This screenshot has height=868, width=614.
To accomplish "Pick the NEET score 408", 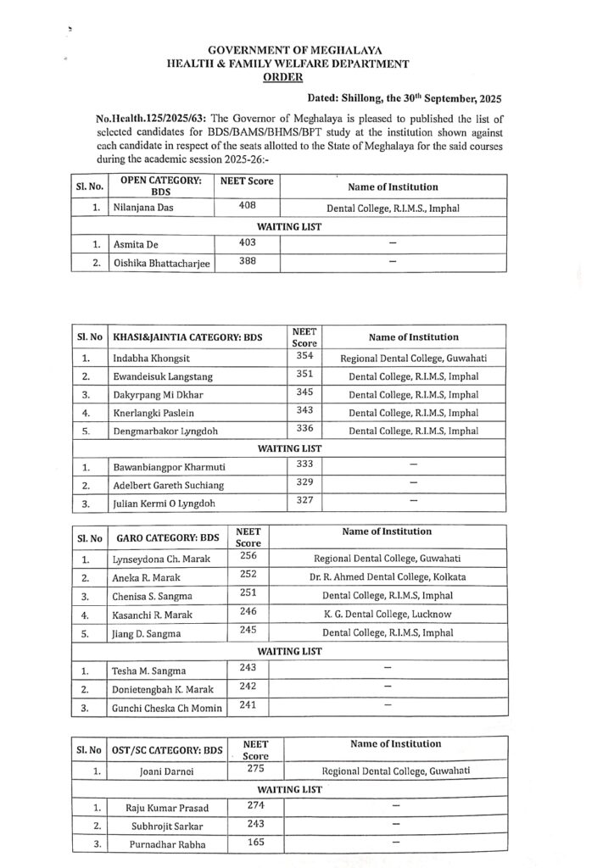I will click(x=248, y=205).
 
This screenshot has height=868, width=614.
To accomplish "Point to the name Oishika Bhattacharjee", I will click(x=162, y=263).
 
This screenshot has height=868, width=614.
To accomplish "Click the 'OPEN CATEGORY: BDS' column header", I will click(x=161, y=186).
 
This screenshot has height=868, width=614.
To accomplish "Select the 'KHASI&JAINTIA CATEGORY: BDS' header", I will click(x=187, y=337).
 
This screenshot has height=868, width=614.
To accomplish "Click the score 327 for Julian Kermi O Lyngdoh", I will click(x=304, y=500).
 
